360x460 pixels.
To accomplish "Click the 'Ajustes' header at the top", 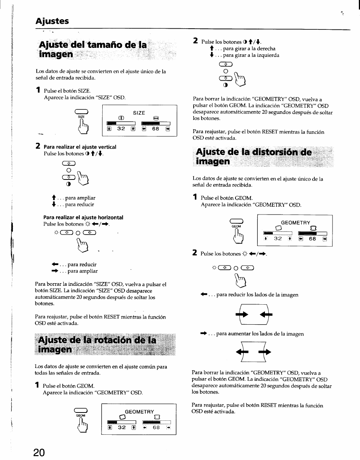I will [x=52, y=21].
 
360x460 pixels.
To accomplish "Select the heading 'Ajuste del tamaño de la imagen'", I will [x=92, y=49].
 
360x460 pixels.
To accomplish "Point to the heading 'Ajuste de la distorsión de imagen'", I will [x=252, y=157].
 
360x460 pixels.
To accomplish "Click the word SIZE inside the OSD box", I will [x=139, y=112].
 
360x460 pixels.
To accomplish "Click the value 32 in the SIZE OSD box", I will [x=121, y=129].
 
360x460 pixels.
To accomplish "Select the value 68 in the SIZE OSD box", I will [x=155, y=129].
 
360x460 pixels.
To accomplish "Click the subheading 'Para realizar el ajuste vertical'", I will [x=80, y=147].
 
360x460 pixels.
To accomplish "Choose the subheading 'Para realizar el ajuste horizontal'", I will [x=83, y=217].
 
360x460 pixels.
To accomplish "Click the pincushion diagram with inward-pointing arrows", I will [x=251, y=314].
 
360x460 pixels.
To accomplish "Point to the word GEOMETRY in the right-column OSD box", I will [x=295, y=222].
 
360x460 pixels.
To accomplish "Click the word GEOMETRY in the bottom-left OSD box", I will [x=139, y=412].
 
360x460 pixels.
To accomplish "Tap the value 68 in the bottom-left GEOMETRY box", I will [x=156, y=428].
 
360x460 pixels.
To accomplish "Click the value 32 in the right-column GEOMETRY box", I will [x=278, y=239].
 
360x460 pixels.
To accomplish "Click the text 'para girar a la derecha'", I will [x=249, y=49].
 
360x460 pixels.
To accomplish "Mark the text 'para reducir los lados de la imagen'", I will [x=257, y=295].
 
